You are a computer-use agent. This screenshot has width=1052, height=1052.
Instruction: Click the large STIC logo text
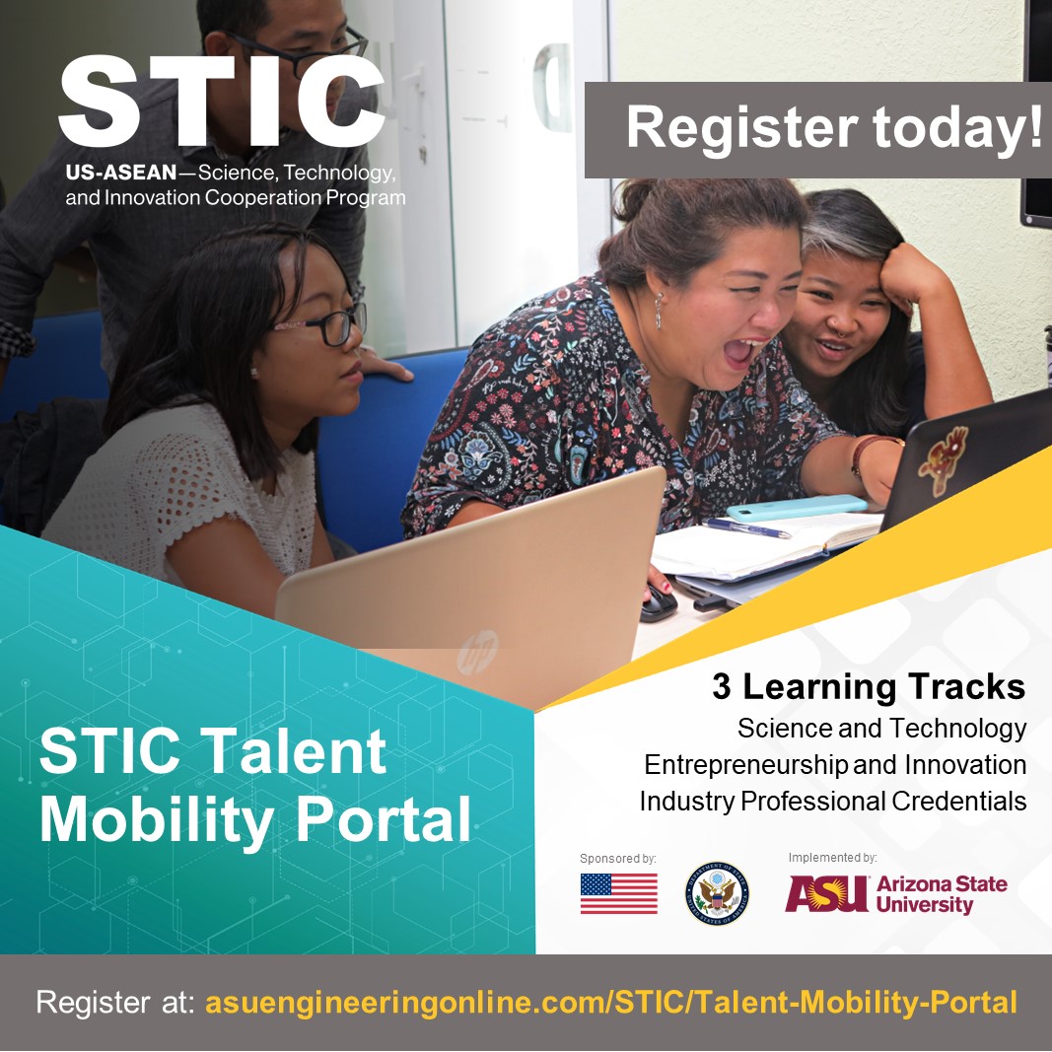[222, 101]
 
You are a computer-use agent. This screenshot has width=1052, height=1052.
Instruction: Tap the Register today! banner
[818, 129]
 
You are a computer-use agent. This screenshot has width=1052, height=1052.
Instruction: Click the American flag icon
[618, 893]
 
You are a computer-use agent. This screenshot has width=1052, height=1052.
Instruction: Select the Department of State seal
[717, 893]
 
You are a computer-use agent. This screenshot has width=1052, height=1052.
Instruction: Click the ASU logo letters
[826, 893]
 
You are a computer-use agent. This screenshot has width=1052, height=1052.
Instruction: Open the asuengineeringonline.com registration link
[611, 1002]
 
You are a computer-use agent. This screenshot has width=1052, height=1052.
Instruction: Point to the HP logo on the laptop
[477, 652]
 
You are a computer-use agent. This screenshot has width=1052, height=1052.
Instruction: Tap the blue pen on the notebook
[746, 528]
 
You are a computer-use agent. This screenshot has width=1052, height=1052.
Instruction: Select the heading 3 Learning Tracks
[869, 686]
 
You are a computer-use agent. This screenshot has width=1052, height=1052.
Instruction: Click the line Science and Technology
[881, 728]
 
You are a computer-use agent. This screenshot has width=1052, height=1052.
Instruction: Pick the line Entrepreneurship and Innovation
[835, 765]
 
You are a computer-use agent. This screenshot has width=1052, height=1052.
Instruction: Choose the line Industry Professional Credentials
[832, 801]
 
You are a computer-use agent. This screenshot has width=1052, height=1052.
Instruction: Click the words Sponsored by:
[618, 858]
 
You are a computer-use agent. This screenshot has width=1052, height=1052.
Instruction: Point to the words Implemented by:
[832, 858]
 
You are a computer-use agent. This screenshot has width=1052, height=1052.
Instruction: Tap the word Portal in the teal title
[384, 819]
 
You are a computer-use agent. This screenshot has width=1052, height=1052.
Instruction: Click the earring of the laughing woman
[659, 312]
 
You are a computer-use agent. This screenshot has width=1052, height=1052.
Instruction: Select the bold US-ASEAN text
[121, 173]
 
